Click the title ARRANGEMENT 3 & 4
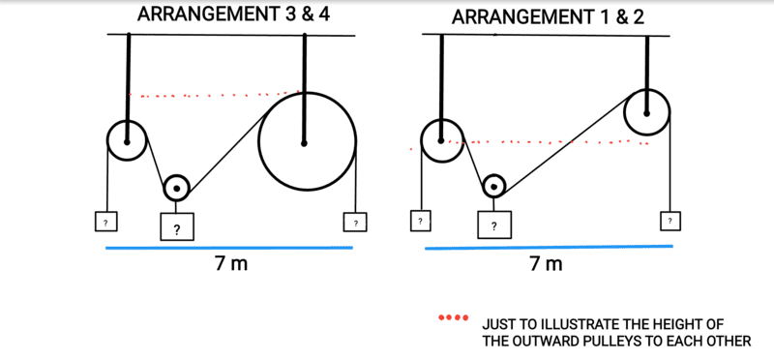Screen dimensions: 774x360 (233, 14)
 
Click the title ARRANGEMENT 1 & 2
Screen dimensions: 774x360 (548, 17)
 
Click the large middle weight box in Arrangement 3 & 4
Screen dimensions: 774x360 (176, 226)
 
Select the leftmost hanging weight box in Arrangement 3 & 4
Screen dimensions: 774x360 (105, 222)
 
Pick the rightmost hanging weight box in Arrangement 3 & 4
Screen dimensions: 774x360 (355, 222)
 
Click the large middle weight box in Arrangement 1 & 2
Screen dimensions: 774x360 (493, 225)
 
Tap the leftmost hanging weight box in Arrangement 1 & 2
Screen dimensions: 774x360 (420, 221)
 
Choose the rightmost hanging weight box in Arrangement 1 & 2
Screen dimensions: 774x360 (670, 221)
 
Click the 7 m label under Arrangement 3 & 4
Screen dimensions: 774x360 (230, 265)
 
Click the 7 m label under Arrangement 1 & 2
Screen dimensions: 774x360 (546, 265)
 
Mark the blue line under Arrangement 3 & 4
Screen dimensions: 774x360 (229, 248)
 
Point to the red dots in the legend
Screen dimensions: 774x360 (453, 317)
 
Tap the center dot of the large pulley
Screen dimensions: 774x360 (304, 143)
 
